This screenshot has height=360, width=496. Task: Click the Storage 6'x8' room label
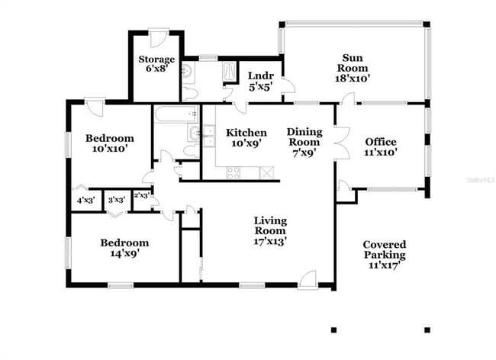click(x=156, y=64)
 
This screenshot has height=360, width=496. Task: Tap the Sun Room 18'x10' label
click(x=351, y=67)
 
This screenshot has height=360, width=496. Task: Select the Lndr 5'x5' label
click(x=256, y=81)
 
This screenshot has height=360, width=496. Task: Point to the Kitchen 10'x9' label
click(x=246, y=137)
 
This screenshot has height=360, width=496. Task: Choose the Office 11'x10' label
click(x=381, y=146)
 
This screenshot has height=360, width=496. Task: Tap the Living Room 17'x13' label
click(x=270, y=230)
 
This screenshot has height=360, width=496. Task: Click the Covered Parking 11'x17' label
click(x=384, y=255)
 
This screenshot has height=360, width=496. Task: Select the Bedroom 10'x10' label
click(x=109, y=143)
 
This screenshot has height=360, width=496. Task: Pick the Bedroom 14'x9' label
click(x=124, y=249)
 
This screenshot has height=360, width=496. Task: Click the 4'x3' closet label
click(x=85, y=201)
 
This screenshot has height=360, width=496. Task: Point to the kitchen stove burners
click(x=234, y=172)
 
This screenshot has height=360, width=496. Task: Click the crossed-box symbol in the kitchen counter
click(x=266, y=172)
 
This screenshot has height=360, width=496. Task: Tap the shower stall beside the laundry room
click(x=230, y=71)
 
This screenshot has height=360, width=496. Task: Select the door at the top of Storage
click(x=159, y=37)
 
